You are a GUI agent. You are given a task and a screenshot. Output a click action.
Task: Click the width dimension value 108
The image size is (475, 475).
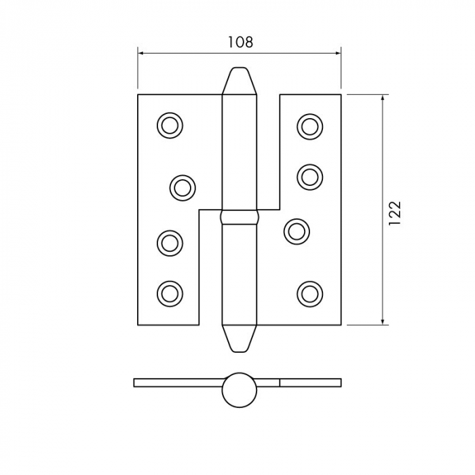point(240,42)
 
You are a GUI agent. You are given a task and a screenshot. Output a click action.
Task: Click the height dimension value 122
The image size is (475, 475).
point(396,212)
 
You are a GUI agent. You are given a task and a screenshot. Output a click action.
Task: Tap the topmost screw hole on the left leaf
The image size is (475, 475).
point(170,126)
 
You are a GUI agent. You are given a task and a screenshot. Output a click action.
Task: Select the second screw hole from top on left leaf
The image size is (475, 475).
point(182,187)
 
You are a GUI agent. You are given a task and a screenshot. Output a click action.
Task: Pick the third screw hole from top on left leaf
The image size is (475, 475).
point(170,243)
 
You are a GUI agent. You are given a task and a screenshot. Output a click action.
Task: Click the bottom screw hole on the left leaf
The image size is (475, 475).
point(170,293)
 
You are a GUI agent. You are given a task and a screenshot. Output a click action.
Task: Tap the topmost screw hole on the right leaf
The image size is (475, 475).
point(309,126)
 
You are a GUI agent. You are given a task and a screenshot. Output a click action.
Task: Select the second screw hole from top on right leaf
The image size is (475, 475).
point(309,176)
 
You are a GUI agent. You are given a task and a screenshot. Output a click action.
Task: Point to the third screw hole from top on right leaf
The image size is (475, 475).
point(297,231)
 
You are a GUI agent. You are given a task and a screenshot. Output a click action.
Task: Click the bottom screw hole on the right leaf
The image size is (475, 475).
point(309,293)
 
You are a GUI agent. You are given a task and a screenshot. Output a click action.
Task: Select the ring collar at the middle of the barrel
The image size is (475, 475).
point(240,218)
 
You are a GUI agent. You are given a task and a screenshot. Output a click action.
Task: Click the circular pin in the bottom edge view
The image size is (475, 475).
point(240,389)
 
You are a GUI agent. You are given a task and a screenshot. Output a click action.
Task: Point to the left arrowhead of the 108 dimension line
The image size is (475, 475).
point(141,52)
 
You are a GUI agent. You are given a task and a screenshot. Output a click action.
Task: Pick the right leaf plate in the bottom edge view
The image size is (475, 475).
point(309,382)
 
